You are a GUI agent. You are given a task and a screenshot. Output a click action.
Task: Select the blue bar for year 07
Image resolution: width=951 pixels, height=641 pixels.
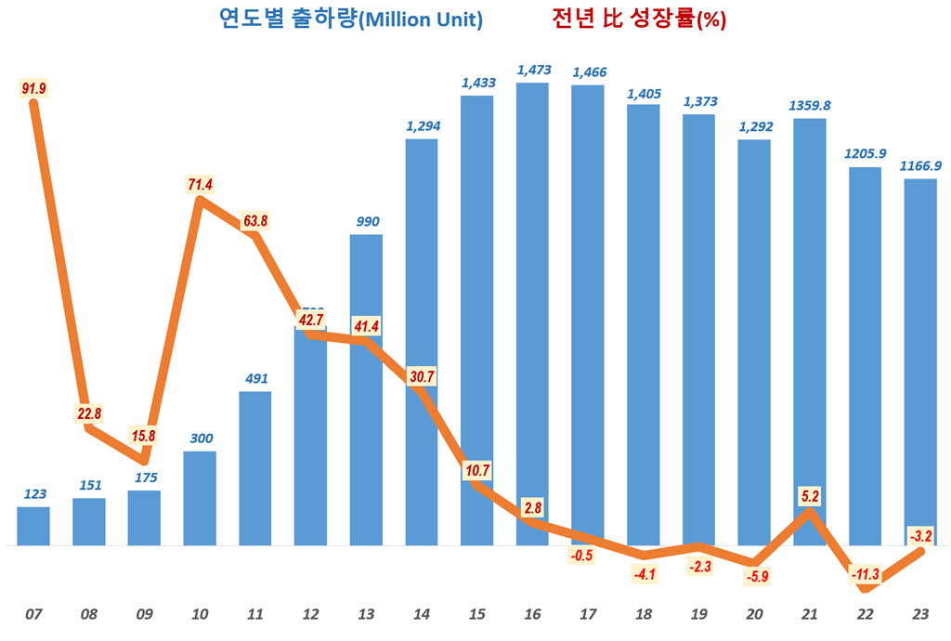(x=33, y=526)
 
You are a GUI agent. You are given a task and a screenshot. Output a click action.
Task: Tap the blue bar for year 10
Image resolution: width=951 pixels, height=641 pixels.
(x=200, y=498)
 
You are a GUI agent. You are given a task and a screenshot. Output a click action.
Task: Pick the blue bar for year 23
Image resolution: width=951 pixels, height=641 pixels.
(x=919, y=361)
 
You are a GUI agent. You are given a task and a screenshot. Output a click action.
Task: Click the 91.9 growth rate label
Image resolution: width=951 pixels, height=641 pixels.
(x=33, y=88)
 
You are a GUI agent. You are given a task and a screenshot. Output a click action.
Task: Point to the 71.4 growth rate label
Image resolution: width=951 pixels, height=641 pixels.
(x=200, y=185)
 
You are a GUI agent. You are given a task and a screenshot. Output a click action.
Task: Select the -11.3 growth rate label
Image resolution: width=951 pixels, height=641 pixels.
(x=865, y=574)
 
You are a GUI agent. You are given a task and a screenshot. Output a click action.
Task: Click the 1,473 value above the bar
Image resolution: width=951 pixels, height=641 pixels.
(x=533, y=70)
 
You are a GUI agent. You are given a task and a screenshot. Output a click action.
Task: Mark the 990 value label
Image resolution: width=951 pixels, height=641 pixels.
(x=366, y=221)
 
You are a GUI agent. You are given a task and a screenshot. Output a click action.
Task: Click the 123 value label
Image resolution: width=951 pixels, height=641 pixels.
(x=33, y=493)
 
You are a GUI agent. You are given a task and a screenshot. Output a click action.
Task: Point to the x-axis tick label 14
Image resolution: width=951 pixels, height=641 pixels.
(x=422, y=614)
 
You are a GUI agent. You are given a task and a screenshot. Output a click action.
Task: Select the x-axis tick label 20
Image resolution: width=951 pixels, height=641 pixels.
(x=754, y=614)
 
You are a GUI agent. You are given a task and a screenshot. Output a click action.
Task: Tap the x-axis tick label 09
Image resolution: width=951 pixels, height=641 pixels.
(x=144, y=614)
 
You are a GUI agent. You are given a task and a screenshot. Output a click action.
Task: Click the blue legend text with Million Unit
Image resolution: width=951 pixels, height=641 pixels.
(x=350, y=20)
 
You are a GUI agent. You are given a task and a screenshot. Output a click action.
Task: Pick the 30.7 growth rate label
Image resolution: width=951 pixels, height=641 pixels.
(x=422, y=376)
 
